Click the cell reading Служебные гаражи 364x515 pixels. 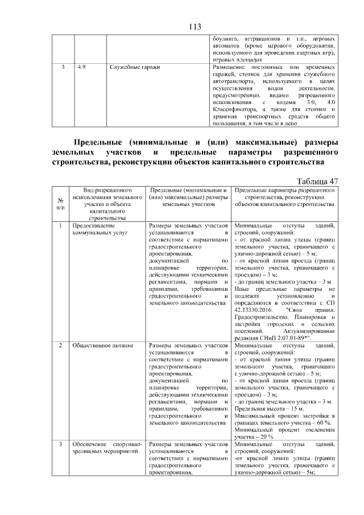pos(134,67)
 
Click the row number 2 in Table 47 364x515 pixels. pos(61,345)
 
